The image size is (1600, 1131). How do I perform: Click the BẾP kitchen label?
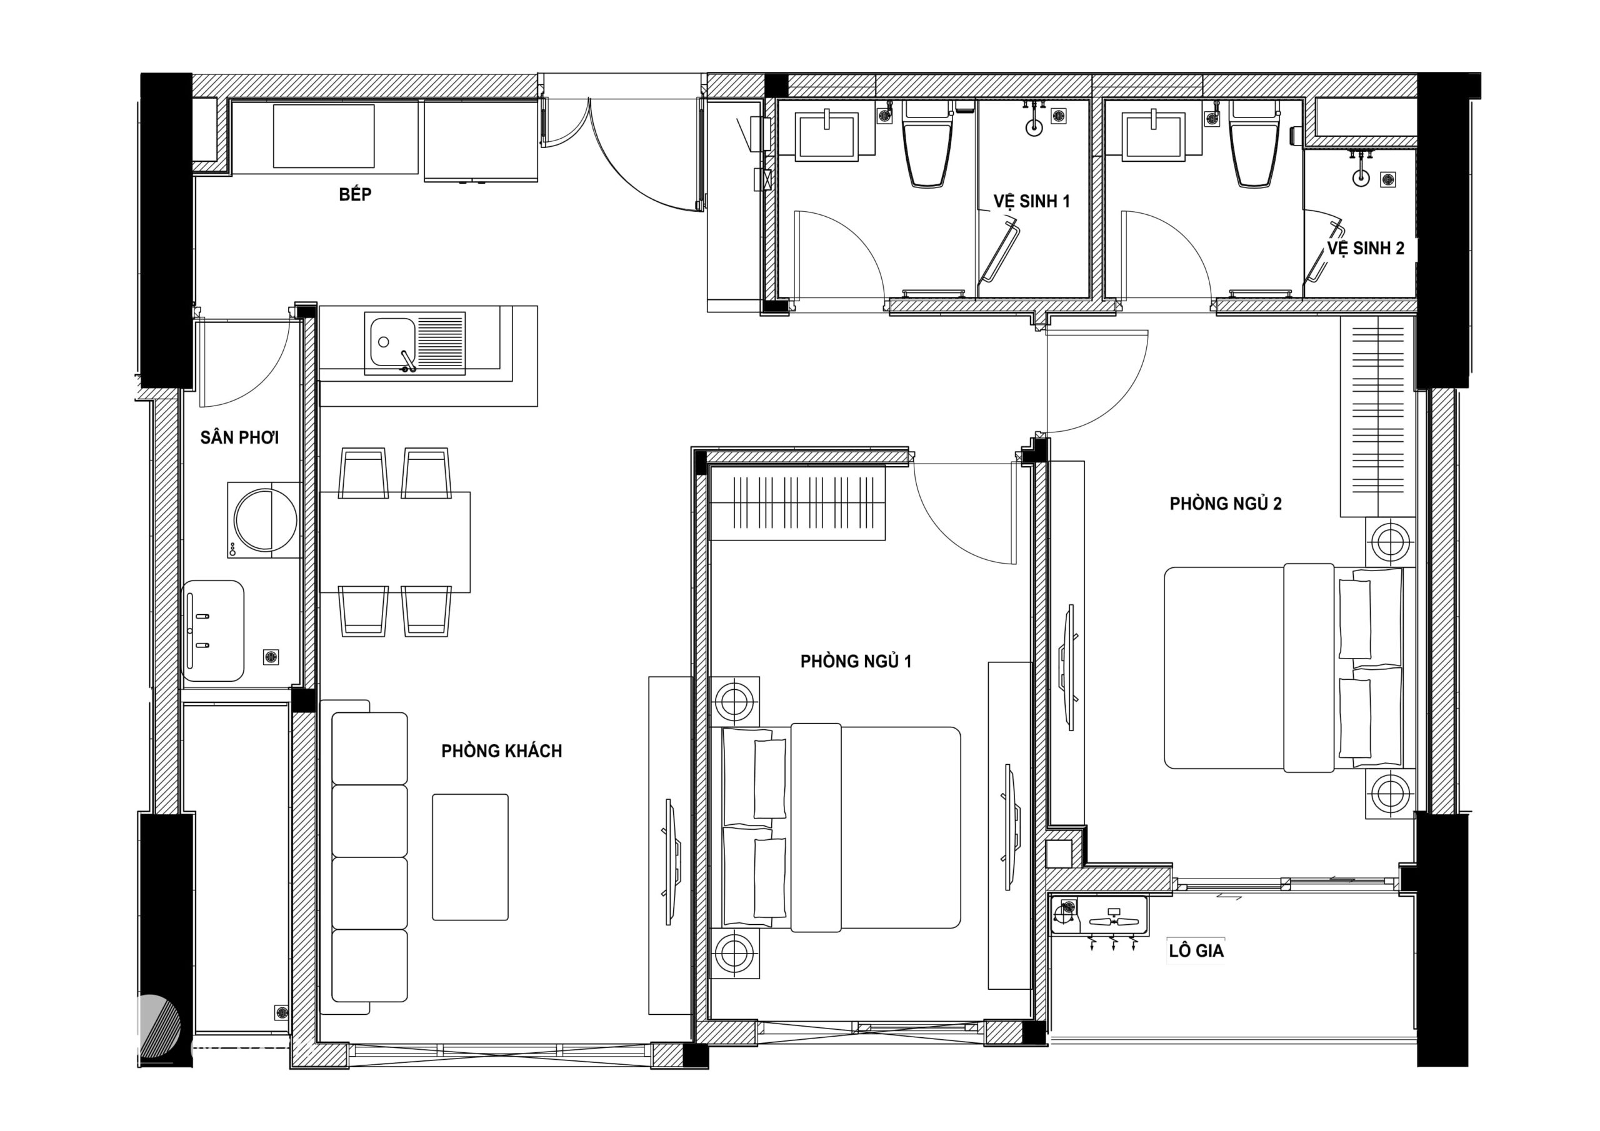pos(355,194)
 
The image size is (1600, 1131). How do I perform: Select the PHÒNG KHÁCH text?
pos(501,751)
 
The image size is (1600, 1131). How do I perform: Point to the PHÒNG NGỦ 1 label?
pos(856,661)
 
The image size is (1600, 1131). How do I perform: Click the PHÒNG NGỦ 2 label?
pos(1225,504)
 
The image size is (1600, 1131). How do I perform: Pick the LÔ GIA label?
pos(1196,950)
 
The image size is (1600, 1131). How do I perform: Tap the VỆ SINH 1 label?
pos(1031,201)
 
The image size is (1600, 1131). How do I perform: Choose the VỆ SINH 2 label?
pos(1365,248)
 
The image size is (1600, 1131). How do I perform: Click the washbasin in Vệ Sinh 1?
pos(826,136)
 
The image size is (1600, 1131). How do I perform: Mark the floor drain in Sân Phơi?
pos(271,657)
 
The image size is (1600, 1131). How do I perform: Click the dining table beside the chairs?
pos(394,542)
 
